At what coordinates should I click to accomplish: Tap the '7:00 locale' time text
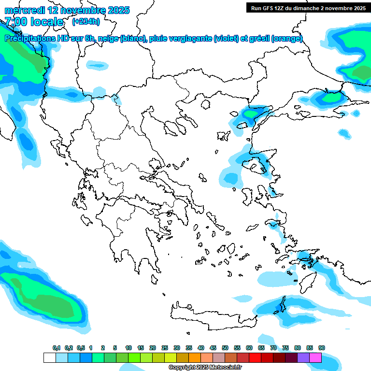pyautogui.click(x=34, y=22)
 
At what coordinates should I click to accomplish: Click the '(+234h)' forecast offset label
pyautogui.click(x=86, y=21)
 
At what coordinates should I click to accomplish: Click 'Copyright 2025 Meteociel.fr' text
pyautogui.click(x=205, y=368)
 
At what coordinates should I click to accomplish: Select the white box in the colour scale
pyautogui.click(x=49, y=357)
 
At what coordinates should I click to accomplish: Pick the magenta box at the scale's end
pyautogui.click(x=315, y=357)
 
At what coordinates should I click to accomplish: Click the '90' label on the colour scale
pyautogui.click(x=322, y=348)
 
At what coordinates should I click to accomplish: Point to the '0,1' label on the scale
pyautogui.click(x=56, y=348)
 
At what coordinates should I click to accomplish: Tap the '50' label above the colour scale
pyautogui.click(x=225, y=348)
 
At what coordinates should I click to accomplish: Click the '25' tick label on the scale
pyautogui.click(x=165, y=348)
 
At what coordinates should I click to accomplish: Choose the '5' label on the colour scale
pyautogui.click(x=115, y=348)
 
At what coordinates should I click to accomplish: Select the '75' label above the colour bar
pyautogui.click(x=285, y=348)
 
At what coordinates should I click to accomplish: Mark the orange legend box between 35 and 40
pyautogui.click(x=195, y=357)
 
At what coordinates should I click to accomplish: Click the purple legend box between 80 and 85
pyautogui.click(x=303, y=357)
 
